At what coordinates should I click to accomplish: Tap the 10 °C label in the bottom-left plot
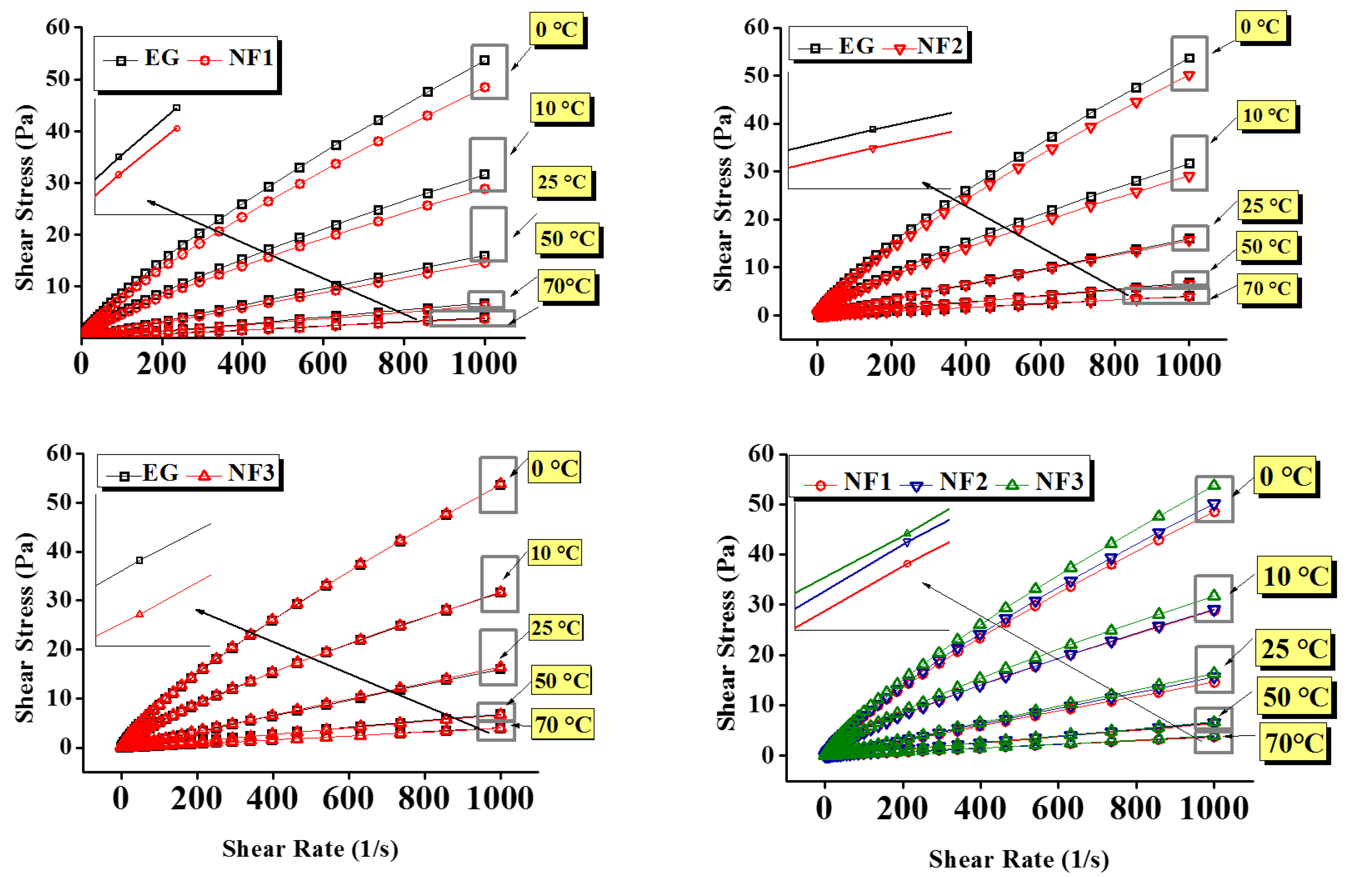coord(554,553)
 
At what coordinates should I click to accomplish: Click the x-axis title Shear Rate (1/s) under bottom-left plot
coord(310,849)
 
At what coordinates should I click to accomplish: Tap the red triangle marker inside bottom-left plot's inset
coord(140,614)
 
